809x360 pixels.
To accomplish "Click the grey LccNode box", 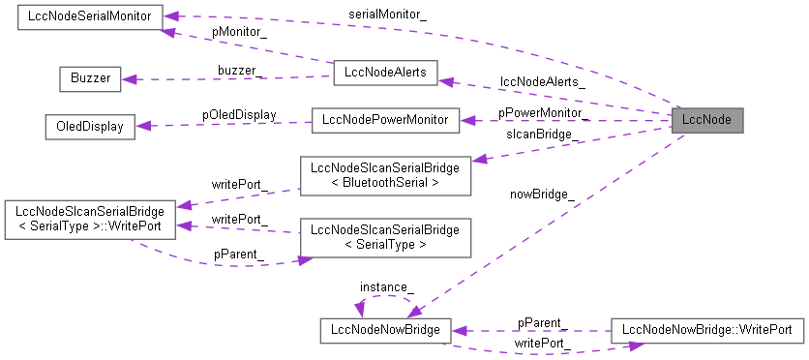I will click(706, 121).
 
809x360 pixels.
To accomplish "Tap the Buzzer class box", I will click(89, 78).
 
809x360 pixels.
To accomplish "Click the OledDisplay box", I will click(89, 127).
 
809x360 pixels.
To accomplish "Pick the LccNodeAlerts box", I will click(385, 72).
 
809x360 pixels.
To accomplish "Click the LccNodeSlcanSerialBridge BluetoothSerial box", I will click(385, 174).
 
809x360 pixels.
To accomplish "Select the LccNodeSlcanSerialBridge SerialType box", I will click(385, 237).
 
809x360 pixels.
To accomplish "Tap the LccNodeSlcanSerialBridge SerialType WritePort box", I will click(90, 220).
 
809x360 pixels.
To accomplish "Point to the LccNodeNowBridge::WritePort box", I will click(707, 330).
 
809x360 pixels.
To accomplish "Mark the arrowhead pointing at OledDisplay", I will click(141, 126).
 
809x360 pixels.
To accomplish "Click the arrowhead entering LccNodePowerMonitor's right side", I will click(465, 121).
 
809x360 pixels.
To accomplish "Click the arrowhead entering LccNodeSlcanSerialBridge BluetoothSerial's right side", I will click(478, 159).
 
